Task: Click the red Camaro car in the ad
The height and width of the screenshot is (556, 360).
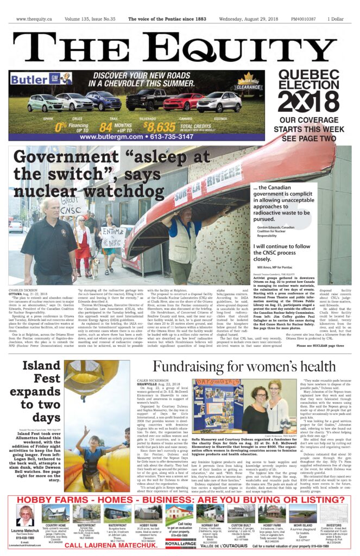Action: pos(182,102)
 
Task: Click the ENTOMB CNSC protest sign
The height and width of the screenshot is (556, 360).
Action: pos(113,238)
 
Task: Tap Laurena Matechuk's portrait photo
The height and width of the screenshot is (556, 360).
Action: pos(25,514)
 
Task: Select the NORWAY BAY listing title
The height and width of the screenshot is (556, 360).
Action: pos(208,525)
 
